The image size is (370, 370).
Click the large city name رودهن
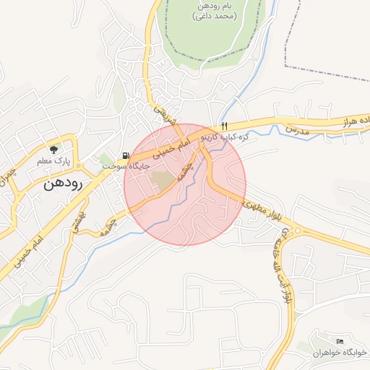point(64,183)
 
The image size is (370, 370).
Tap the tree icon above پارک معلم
point(53,149)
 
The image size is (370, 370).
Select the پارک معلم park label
point(53,161)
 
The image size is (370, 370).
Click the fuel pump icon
point(126,155)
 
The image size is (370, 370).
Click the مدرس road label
point(296,129)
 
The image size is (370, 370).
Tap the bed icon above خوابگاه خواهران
point(340,341)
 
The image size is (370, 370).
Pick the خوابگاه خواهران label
point(340,352)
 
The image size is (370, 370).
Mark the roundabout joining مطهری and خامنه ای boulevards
point(298,233)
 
